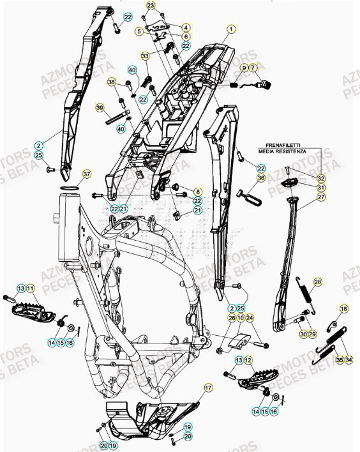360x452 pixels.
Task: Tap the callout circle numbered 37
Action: [x=87, y=174]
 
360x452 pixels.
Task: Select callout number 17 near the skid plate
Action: [x=208, y=388]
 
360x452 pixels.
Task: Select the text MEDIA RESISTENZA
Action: [x=294, y=152]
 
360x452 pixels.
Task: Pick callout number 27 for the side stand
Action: [x=321, y=198]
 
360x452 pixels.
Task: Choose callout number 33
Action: [x=146, y=56]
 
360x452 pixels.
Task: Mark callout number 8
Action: [x=197, y=192]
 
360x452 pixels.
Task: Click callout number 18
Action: [x=344, y=309]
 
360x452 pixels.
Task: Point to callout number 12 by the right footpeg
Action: [x=249, y=361]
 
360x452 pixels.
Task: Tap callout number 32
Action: [x=321, y=178]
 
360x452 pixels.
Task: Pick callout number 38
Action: [x=111, y=82]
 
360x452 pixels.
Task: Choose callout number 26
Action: [x=232, y=317]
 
